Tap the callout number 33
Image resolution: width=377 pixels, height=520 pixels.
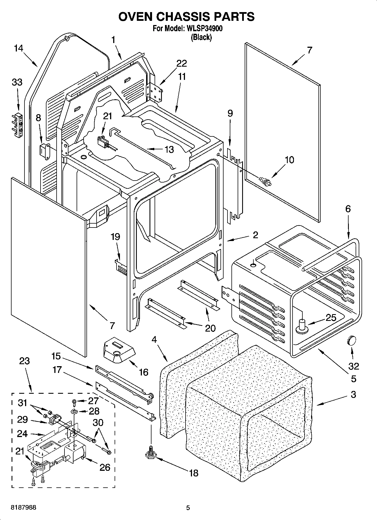click(17, 82)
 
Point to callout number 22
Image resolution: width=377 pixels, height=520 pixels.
click(181, 64)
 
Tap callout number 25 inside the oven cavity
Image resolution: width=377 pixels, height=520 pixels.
click(331, 318)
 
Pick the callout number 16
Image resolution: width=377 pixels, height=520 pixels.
click(144, 372)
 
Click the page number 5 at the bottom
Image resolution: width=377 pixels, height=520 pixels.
click(188, 508)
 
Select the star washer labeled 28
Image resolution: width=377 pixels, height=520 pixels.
click(74, 412)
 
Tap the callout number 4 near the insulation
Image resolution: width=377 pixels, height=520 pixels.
click(154, 339)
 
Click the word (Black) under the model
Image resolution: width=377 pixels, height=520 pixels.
click(201, 37)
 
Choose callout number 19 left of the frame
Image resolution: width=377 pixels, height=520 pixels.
click(115, 237)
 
